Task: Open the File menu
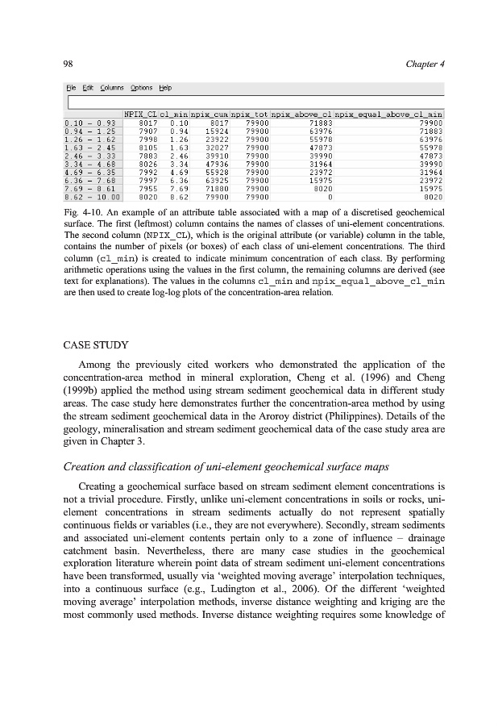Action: point(71,88)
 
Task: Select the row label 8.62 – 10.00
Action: point(92,195)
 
